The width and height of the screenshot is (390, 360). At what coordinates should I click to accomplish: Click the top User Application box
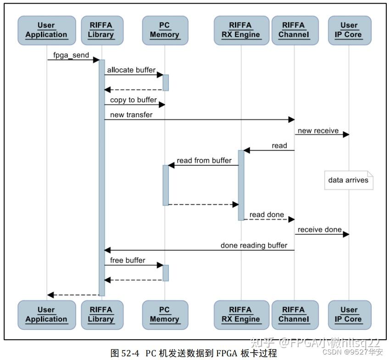tap(46, 30)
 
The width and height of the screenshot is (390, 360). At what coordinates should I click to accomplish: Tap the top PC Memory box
tap(164, 30)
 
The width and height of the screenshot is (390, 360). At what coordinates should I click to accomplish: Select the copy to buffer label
tap(133, 100)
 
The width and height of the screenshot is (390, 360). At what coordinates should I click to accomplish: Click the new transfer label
tap(131, 115)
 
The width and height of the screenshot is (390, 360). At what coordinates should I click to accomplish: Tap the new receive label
tap(318, 130)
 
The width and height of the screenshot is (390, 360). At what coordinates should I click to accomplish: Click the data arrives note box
tap(348, 180)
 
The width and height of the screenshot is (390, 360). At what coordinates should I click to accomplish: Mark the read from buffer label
tap(204, 160)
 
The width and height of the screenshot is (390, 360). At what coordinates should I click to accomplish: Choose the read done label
tap(267, 214)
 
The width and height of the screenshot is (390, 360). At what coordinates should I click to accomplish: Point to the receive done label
tap(319, 229)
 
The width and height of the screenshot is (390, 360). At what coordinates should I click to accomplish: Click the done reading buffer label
tap(254, 245)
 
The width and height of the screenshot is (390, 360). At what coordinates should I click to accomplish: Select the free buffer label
tap(128, 260)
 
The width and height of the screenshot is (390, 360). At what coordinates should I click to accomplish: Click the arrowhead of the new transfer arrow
tap(291, 119)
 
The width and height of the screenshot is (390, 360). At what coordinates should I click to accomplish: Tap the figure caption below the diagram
tap(195, 353)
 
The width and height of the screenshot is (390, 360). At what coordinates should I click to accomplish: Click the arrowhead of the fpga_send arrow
tap(97, 60)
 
